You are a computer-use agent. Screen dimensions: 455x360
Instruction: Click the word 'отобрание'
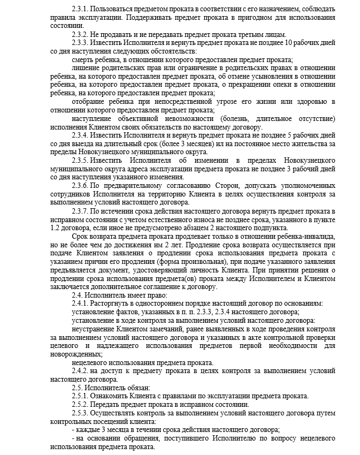(x=90, y=101)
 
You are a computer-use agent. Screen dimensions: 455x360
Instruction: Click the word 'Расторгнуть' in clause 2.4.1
(x=110, y=304)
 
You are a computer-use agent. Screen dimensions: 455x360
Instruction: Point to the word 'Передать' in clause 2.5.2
(x=105, y=405)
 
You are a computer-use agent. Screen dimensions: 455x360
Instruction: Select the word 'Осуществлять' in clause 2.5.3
(x=113, y=413)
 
